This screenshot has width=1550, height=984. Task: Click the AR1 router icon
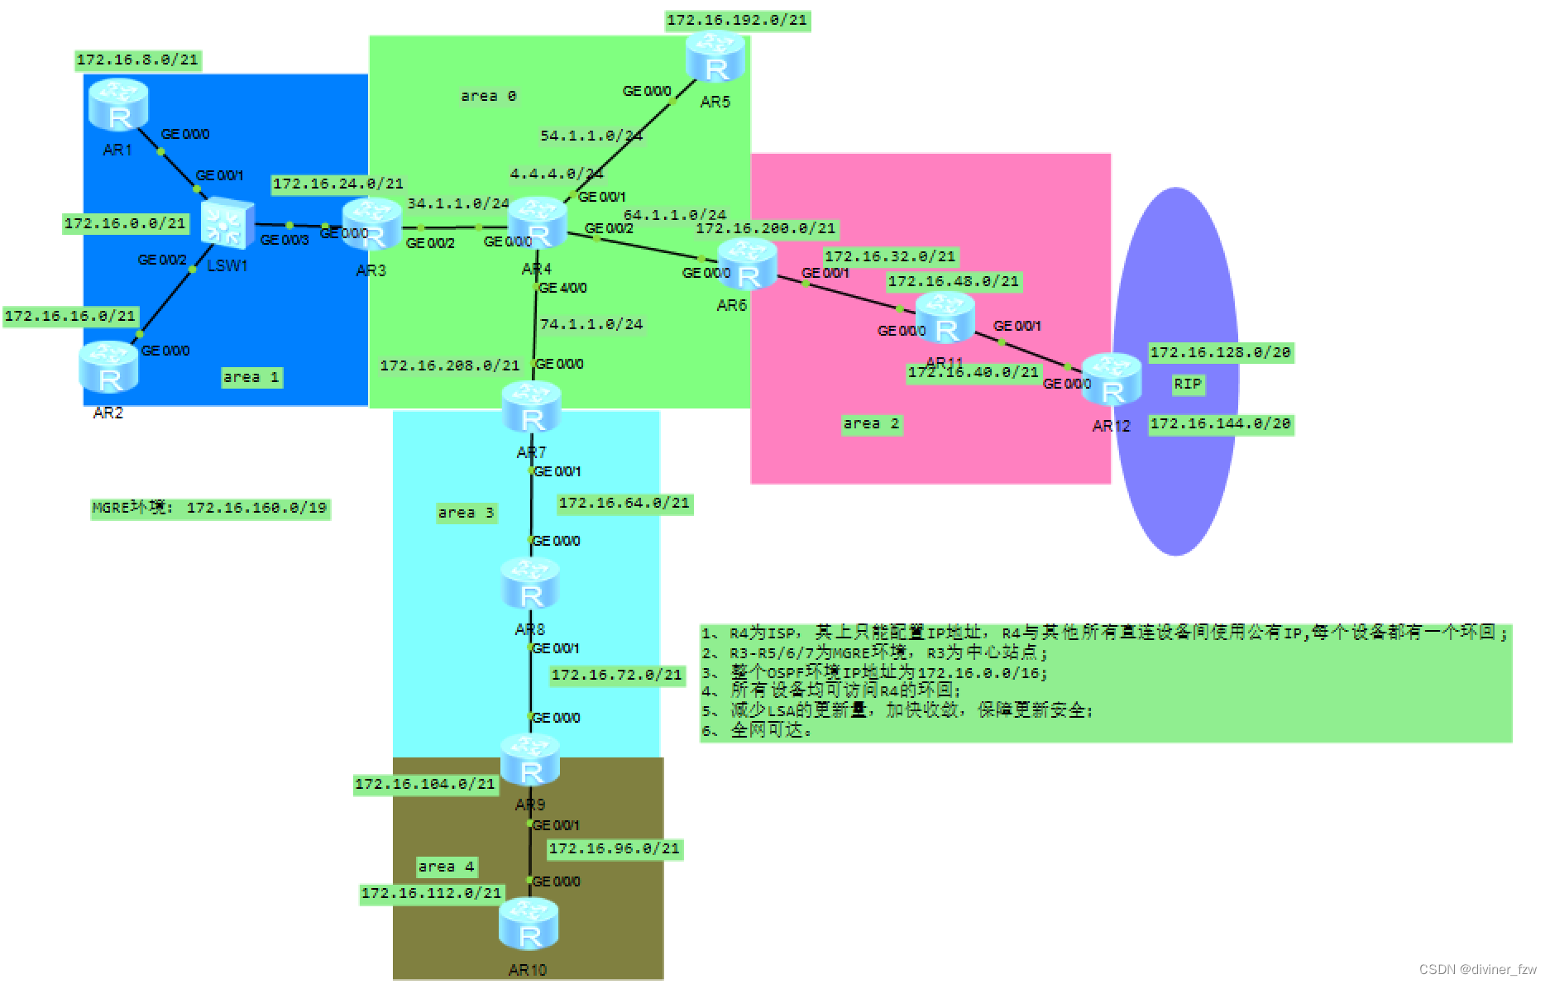117,105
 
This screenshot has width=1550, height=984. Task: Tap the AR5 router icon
715,57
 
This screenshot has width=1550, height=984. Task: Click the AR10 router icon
529,924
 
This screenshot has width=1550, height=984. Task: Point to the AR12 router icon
1112,380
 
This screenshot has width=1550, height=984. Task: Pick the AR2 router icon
108,367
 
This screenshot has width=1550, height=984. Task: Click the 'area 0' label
488,96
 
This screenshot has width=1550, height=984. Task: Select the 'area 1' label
251,377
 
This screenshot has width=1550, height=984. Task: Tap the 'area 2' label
871,423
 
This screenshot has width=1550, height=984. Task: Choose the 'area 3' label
466,513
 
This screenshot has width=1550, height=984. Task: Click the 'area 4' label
446,867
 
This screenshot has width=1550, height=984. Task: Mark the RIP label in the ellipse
1187,384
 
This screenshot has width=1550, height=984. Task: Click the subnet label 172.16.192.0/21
737,20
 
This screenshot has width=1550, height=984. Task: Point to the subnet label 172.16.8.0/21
137,60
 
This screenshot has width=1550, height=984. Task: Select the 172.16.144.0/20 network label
1220,423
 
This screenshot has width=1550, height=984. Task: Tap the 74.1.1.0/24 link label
591,324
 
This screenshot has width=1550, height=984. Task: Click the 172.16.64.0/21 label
624,503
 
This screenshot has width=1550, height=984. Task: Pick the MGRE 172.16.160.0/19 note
210,508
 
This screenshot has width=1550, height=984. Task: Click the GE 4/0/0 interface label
562,288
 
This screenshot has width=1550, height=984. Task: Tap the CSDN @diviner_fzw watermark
1477,969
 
